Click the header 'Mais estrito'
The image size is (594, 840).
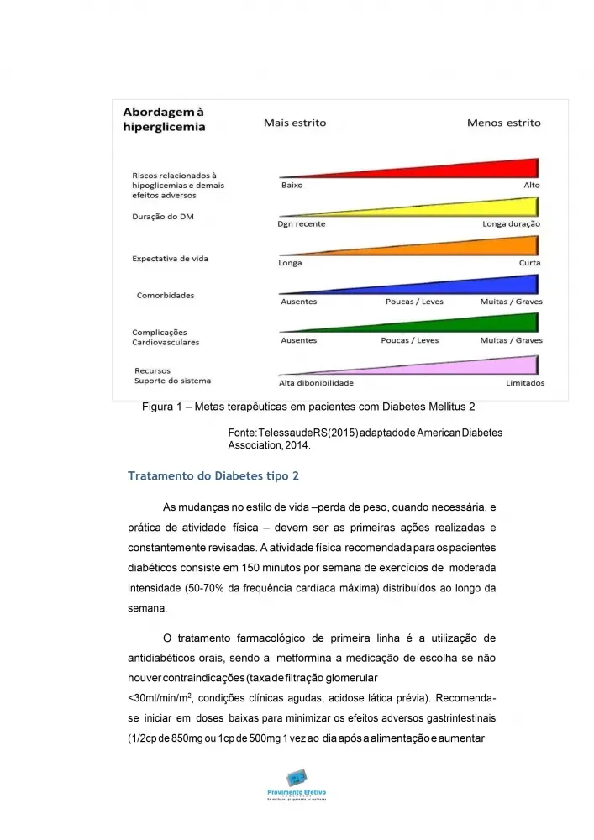pos(295,123)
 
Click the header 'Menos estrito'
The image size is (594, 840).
pos(504,123)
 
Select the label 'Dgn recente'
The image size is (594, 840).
pos(302,224)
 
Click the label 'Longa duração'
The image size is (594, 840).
pos(511,224)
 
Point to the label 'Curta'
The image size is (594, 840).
pos(529,263)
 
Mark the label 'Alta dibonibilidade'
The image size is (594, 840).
pos(316,383)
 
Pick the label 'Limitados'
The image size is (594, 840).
pos(524,383)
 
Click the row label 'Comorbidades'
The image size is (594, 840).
pos(166,296)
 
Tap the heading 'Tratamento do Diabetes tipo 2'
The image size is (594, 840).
pos(213,476)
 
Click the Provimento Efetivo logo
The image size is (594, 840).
pos(297,784)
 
